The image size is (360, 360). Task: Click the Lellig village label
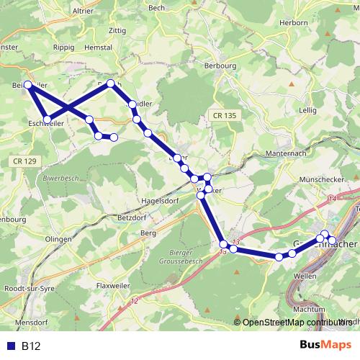(307, 109)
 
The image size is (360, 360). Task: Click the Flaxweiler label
(112, 286)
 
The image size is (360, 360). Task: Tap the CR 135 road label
(224, 115)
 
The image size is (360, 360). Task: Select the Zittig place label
(116, 31)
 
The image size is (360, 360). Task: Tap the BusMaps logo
(325, 346)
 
